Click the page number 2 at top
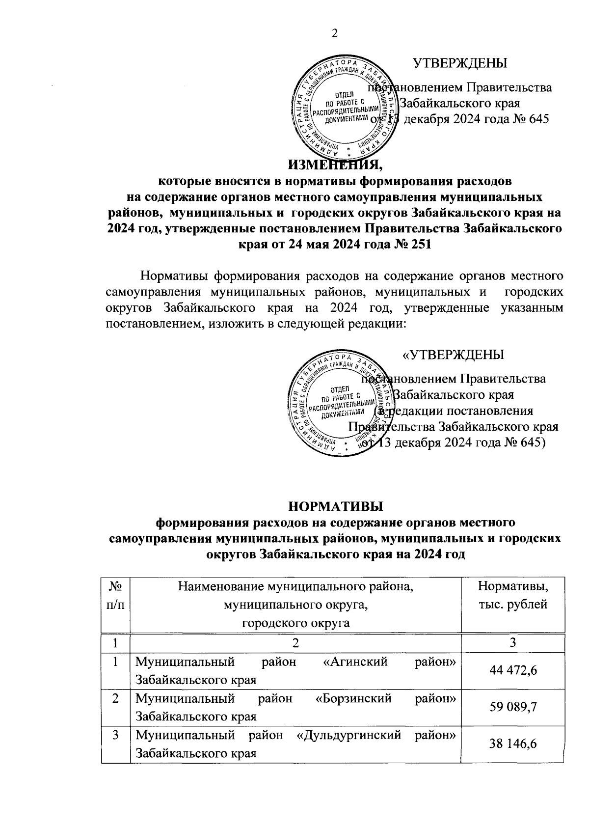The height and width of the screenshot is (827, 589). pos(335,33)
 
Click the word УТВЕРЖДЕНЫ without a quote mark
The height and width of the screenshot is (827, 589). pos(460,63)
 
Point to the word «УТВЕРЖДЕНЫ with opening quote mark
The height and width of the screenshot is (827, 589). pos(453,355)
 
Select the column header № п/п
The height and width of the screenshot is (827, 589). pos(115,595)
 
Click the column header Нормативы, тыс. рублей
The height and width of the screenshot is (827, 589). pos(513,595)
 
